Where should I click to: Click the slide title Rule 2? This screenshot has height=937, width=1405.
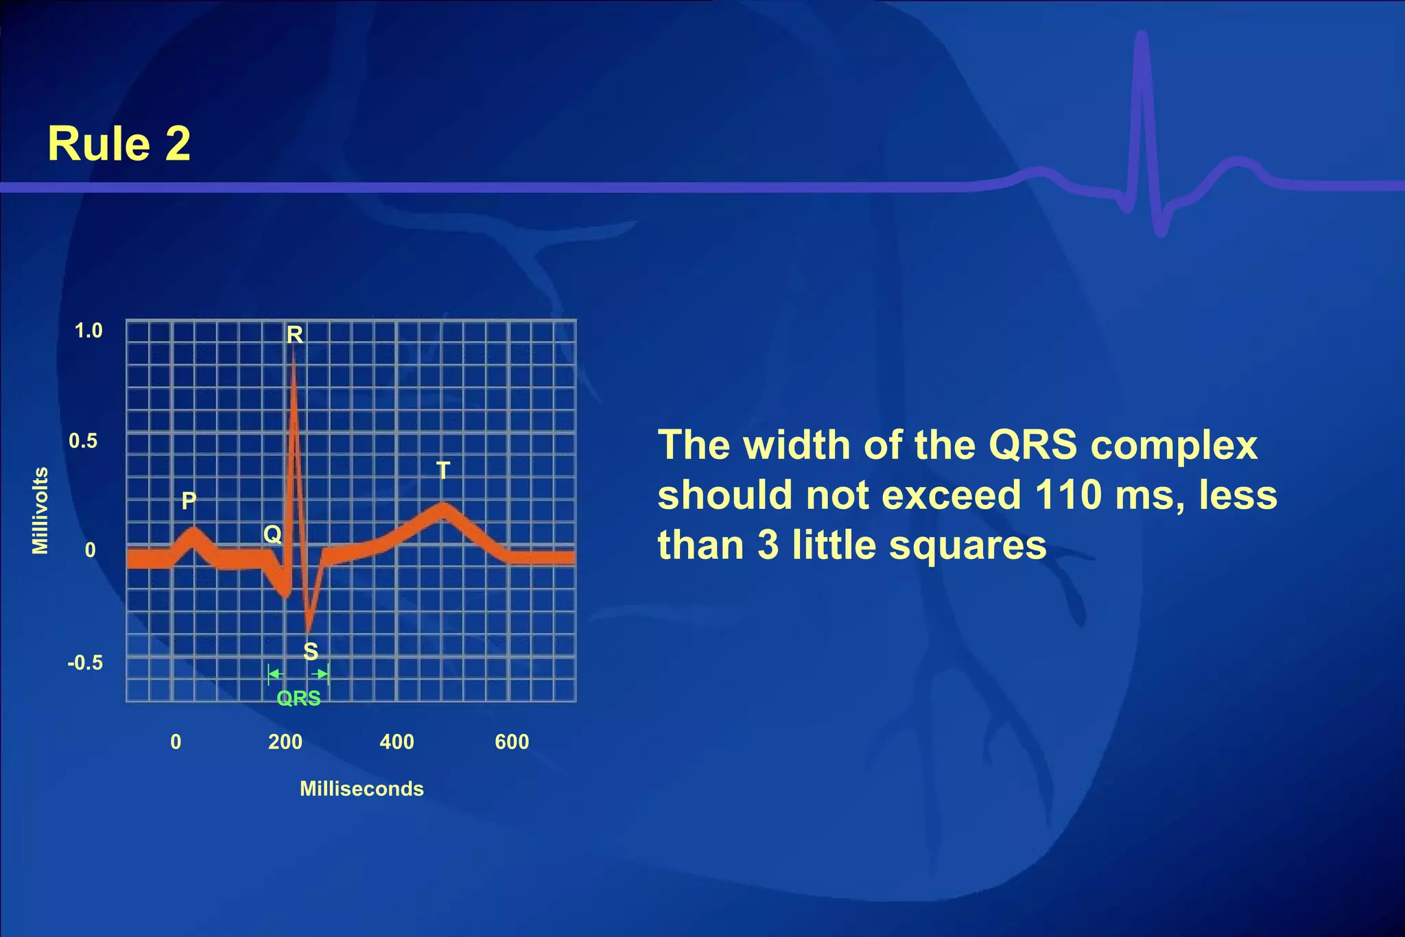(119, 144)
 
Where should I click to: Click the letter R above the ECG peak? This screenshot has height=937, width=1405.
(294, 335)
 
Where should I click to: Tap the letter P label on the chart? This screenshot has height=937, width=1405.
(189, 501)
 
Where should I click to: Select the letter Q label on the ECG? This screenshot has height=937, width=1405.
(272, 534)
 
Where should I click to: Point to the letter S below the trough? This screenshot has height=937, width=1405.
(311, 651)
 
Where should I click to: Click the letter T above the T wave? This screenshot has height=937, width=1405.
(443, 471)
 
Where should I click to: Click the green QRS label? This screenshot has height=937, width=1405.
(298, 698)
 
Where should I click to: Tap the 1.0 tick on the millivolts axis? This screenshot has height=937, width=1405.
(88, 331)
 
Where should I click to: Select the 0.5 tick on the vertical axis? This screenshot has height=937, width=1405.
(83, 441)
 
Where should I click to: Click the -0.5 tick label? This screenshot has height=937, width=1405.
(85, 663)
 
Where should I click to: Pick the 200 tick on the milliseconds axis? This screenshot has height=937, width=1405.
(285, 742)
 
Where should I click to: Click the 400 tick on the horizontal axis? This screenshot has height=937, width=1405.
(397, 742)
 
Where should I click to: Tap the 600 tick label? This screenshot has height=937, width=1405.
(512, 742)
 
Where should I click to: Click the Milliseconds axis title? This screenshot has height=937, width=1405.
(362, 789)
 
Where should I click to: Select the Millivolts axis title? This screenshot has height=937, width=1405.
(40, 510)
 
